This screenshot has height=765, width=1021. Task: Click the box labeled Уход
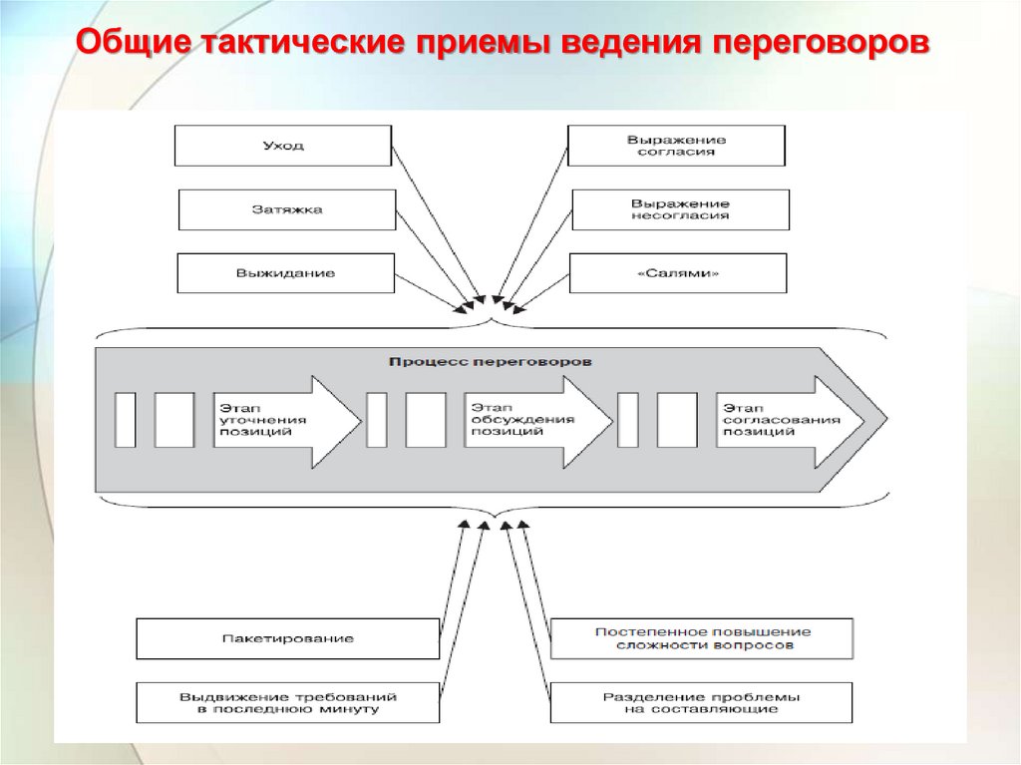pos(283,146)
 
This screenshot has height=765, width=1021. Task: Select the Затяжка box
pos(287,209)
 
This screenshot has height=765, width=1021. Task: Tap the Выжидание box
pos(286,273)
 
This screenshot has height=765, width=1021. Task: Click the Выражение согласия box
pos(676,146)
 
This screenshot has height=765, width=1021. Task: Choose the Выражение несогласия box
pos(680,209)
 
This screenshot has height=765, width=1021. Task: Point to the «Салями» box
pos(678,273)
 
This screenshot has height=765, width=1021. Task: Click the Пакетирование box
pos(287,638)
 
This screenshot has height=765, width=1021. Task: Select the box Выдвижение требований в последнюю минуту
pos(287,702)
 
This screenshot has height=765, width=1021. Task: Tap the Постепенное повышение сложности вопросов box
pos(702,638)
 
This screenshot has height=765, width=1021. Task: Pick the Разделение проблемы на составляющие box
pos(702,702)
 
